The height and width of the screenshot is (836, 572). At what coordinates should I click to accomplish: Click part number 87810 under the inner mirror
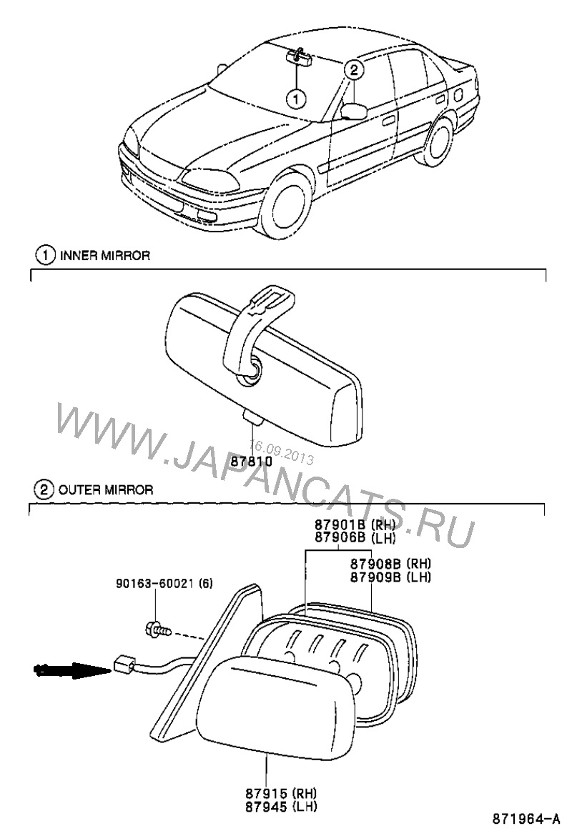point(251,462)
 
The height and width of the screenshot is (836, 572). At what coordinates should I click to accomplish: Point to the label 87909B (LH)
point(390,576)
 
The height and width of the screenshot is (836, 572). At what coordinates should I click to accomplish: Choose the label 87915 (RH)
point(282,795)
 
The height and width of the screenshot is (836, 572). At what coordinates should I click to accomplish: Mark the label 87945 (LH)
point(282,807)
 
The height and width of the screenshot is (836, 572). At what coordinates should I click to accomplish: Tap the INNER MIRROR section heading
point(104,255)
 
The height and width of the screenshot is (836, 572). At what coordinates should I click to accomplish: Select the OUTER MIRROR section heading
point(104,489)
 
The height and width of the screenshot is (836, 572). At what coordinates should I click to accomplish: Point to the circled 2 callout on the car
point(355,69)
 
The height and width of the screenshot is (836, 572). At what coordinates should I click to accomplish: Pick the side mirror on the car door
point(354,111)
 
